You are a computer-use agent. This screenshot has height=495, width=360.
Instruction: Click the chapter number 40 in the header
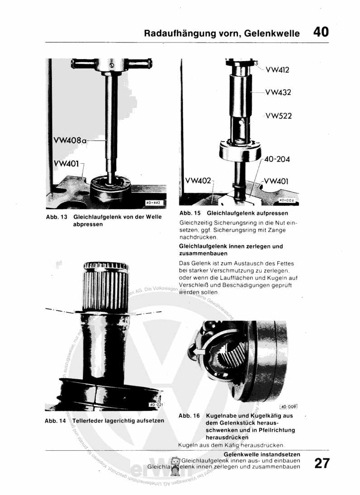320,32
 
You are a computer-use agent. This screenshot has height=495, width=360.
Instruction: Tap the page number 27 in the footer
322,464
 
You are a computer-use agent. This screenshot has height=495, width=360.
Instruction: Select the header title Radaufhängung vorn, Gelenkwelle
222,33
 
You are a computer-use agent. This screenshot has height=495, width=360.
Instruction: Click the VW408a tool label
69,141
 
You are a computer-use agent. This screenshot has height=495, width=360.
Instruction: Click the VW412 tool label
277,70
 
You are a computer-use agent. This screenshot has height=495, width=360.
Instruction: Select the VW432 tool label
278,92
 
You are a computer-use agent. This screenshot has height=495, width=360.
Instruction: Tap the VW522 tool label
279,116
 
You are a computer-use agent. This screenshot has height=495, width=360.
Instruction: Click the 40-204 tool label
277,159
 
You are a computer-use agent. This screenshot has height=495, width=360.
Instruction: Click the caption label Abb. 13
57,217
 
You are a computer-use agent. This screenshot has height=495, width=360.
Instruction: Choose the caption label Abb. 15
190,213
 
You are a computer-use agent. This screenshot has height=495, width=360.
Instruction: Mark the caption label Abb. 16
189,415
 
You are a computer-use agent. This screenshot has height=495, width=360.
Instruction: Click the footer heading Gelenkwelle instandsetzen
262,454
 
